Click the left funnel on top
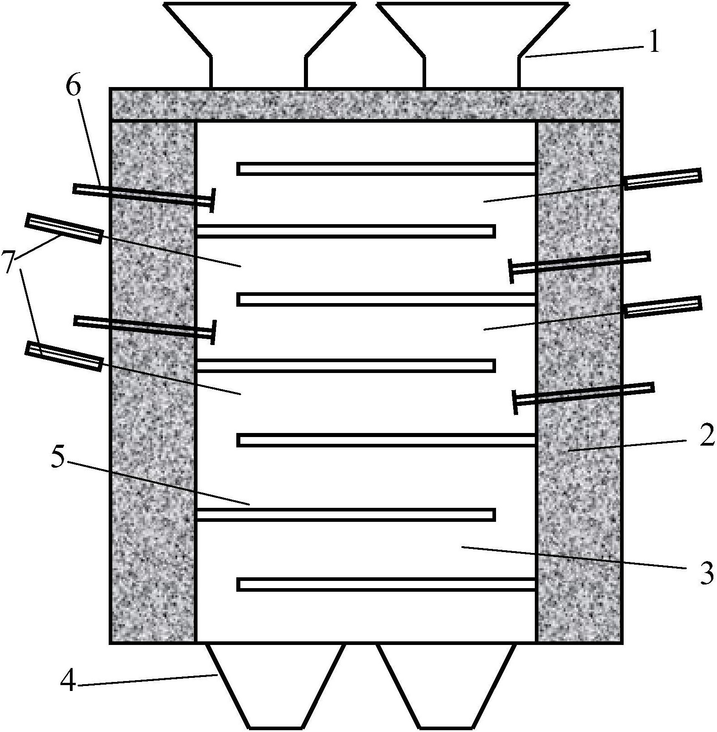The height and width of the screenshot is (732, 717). tap(258, 45)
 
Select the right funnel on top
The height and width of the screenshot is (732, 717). tap(472, 45)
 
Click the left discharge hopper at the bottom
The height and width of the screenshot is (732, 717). tap(276, 686)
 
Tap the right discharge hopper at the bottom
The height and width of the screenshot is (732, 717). tap(446, 686)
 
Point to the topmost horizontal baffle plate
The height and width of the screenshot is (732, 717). tap(386, 169)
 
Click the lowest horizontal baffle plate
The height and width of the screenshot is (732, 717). tap(386, 585)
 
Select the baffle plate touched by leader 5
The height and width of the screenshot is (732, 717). tap(346, 515)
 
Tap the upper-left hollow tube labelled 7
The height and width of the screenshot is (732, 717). tap(64, 228)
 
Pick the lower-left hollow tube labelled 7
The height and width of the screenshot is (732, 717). tap(64, 356)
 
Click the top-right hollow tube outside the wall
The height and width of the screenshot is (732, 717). tap(663, 179)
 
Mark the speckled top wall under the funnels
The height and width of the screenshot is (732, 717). tap(366, 104)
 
